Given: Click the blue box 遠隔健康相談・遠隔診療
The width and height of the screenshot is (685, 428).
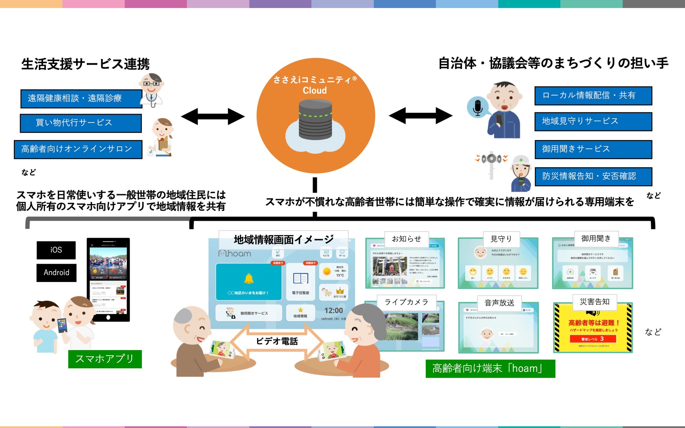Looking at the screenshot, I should [x=81, y=98].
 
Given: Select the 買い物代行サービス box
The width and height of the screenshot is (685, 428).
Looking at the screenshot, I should [x=81, y=123].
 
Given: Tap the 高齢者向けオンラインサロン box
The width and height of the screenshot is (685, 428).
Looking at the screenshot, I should [x=78, y=149].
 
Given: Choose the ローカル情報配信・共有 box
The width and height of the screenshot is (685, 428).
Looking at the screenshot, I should [x=593, y=96].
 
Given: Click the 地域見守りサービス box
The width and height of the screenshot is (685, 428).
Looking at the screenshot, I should [x=593, y=121].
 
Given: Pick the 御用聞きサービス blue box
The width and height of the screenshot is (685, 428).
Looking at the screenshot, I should [x=593, y=149].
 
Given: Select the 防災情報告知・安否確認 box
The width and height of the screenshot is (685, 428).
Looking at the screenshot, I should [x=593, y=176].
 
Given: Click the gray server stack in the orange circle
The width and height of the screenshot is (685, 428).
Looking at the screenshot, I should [x=315, y=119].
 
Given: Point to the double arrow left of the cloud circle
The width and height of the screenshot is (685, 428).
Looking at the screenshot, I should [x=213, y=116].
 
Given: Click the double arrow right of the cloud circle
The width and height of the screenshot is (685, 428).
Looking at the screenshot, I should [x=420, y=116].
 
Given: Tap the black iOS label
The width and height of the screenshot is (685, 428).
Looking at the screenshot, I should [x=56, y=250].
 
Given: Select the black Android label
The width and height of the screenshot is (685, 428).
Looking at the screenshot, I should [x=56, y=273].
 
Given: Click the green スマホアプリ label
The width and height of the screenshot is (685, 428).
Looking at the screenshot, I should [x=105, y=359].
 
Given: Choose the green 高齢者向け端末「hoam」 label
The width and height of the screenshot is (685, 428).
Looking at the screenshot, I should [x=490, y=368].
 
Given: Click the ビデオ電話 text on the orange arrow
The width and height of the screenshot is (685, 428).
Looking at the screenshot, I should [x=277, y=341].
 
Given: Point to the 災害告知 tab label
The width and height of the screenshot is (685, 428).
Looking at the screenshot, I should [x=594, y=302].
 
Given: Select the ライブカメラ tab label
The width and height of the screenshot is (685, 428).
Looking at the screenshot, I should [x=406, y=302].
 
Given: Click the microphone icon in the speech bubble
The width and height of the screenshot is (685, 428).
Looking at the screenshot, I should [x=477, y=107].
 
